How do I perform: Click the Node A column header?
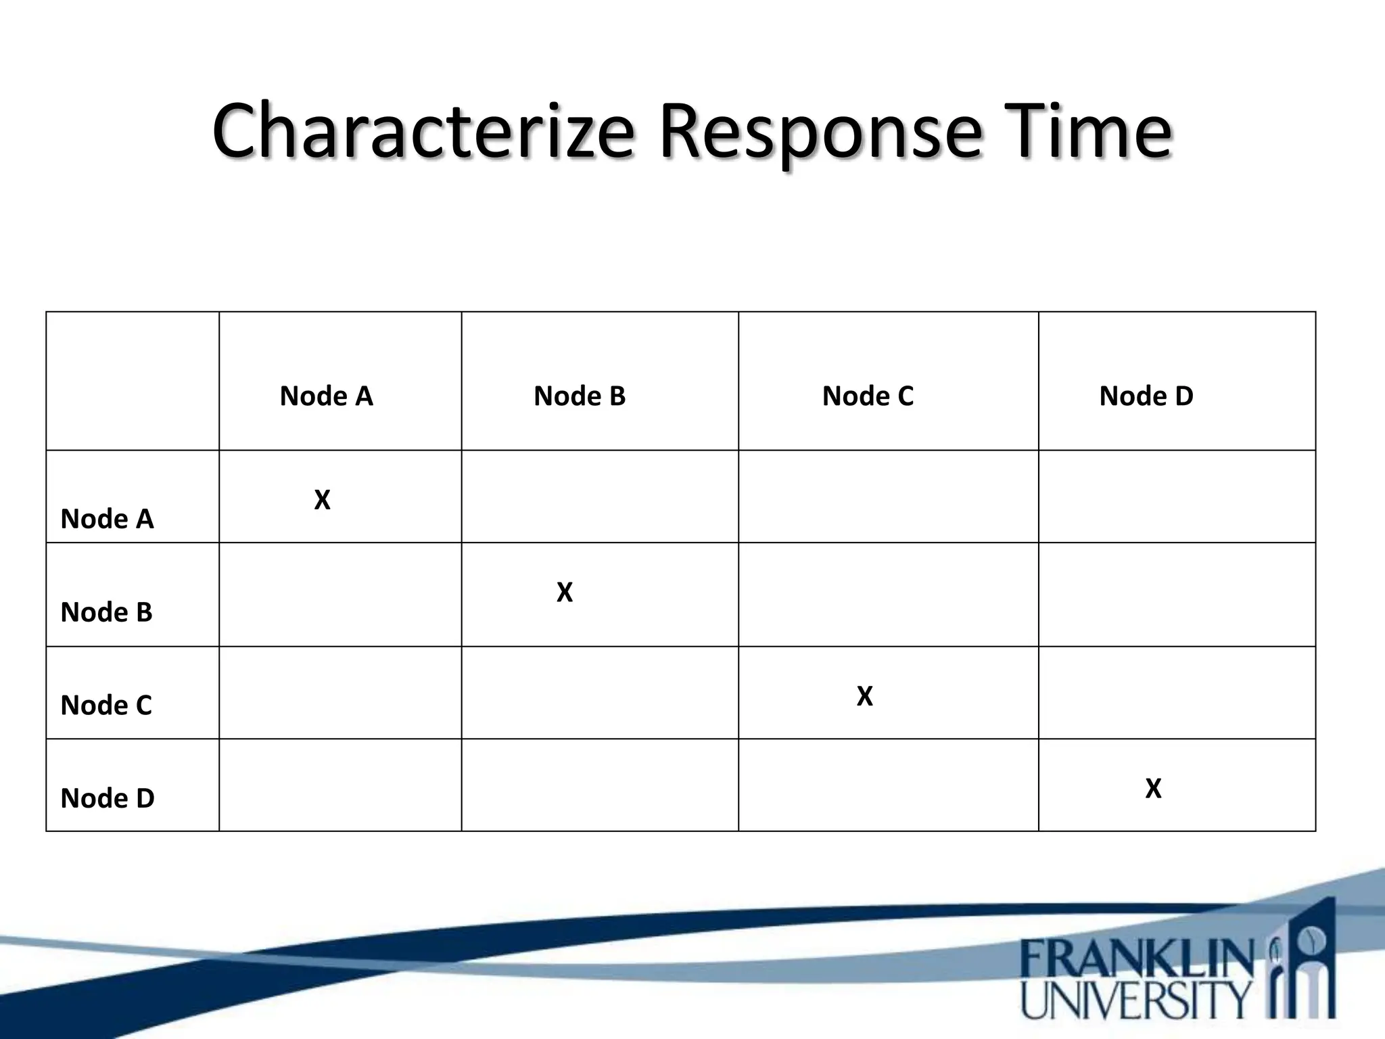coord(327,396)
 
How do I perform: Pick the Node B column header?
coord(580,396)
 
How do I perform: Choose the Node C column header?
coord(868,396)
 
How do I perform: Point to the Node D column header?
coord(1146,396)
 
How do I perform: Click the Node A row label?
coord(107,519)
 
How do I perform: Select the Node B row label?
coord(106,612)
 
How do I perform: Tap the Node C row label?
coord(106,705)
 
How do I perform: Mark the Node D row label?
coord(108,798)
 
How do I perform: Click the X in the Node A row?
coord(323,500)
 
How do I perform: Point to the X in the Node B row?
coord(565,592)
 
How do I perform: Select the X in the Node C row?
coord(865,696)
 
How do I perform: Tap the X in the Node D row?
coord(1153,788)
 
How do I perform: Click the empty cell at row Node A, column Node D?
coord(1177,497)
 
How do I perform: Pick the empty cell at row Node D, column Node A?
coord(340,785)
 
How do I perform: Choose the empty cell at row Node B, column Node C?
coord(888,595)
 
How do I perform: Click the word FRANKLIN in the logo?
coord(1136,959)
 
